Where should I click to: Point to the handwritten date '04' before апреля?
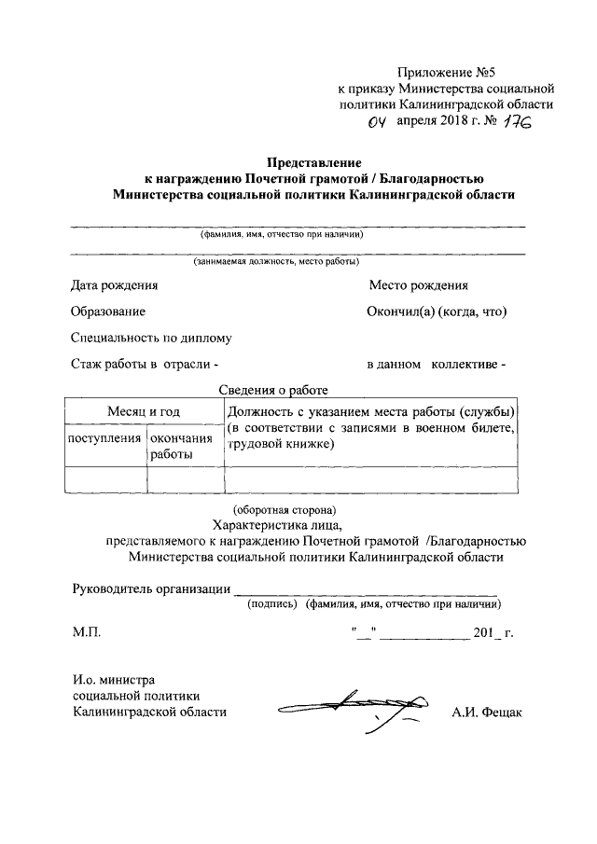click(375, 122)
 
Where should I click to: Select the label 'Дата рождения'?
click(115, 285)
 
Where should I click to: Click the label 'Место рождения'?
click(418, 285)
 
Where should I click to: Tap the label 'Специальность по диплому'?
click(151, 338)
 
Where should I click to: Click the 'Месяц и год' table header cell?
click(144, 411)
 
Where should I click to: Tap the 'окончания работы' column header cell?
click(186, 445)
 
